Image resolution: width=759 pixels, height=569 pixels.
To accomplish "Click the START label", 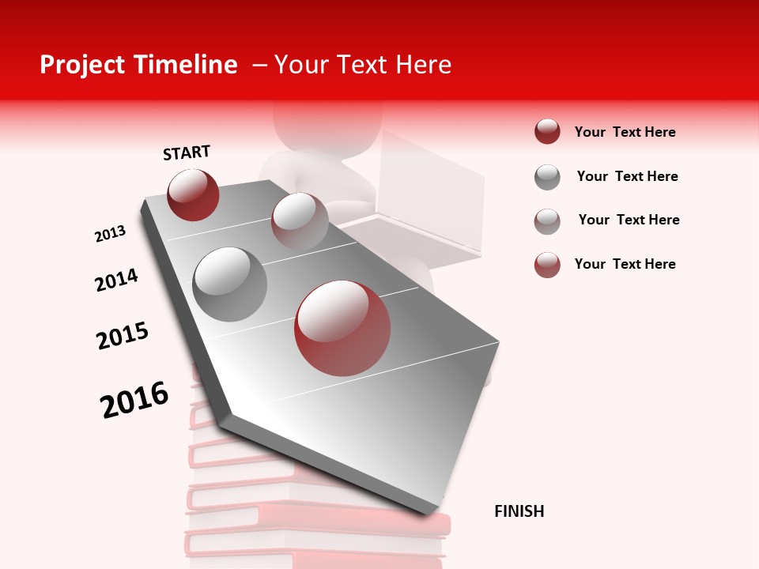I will click(x=187, y=153).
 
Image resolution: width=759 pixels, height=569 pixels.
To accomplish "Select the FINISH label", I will click(x=519, y=511).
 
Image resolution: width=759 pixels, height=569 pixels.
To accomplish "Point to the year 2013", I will click(x=110, y=234).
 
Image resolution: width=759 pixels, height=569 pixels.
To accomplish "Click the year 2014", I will click(x=116, y=280).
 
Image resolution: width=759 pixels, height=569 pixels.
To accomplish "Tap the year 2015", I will click(x=123, y=336).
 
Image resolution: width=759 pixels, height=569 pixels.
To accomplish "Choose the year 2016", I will click(x=134, y=399).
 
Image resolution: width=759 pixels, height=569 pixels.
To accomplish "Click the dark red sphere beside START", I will click(x=193, y=194).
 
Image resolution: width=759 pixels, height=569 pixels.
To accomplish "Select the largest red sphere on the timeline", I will click(x=342, y=328).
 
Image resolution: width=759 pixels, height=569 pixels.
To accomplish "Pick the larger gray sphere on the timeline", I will click(x=229, y=284).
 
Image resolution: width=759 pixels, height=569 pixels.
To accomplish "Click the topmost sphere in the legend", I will click(x=547, y=132).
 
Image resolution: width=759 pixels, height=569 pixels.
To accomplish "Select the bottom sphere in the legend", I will click(x=547, y=265).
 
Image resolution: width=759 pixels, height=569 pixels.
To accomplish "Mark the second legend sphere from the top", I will click(x=547, y=177).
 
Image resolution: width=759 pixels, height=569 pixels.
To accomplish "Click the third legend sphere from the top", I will click(x=547, y=221).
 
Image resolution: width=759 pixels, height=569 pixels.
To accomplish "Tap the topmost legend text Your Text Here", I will click(x=625, y=132).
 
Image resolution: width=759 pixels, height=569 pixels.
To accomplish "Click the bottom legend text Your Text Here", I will click(x=625, y=264).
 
